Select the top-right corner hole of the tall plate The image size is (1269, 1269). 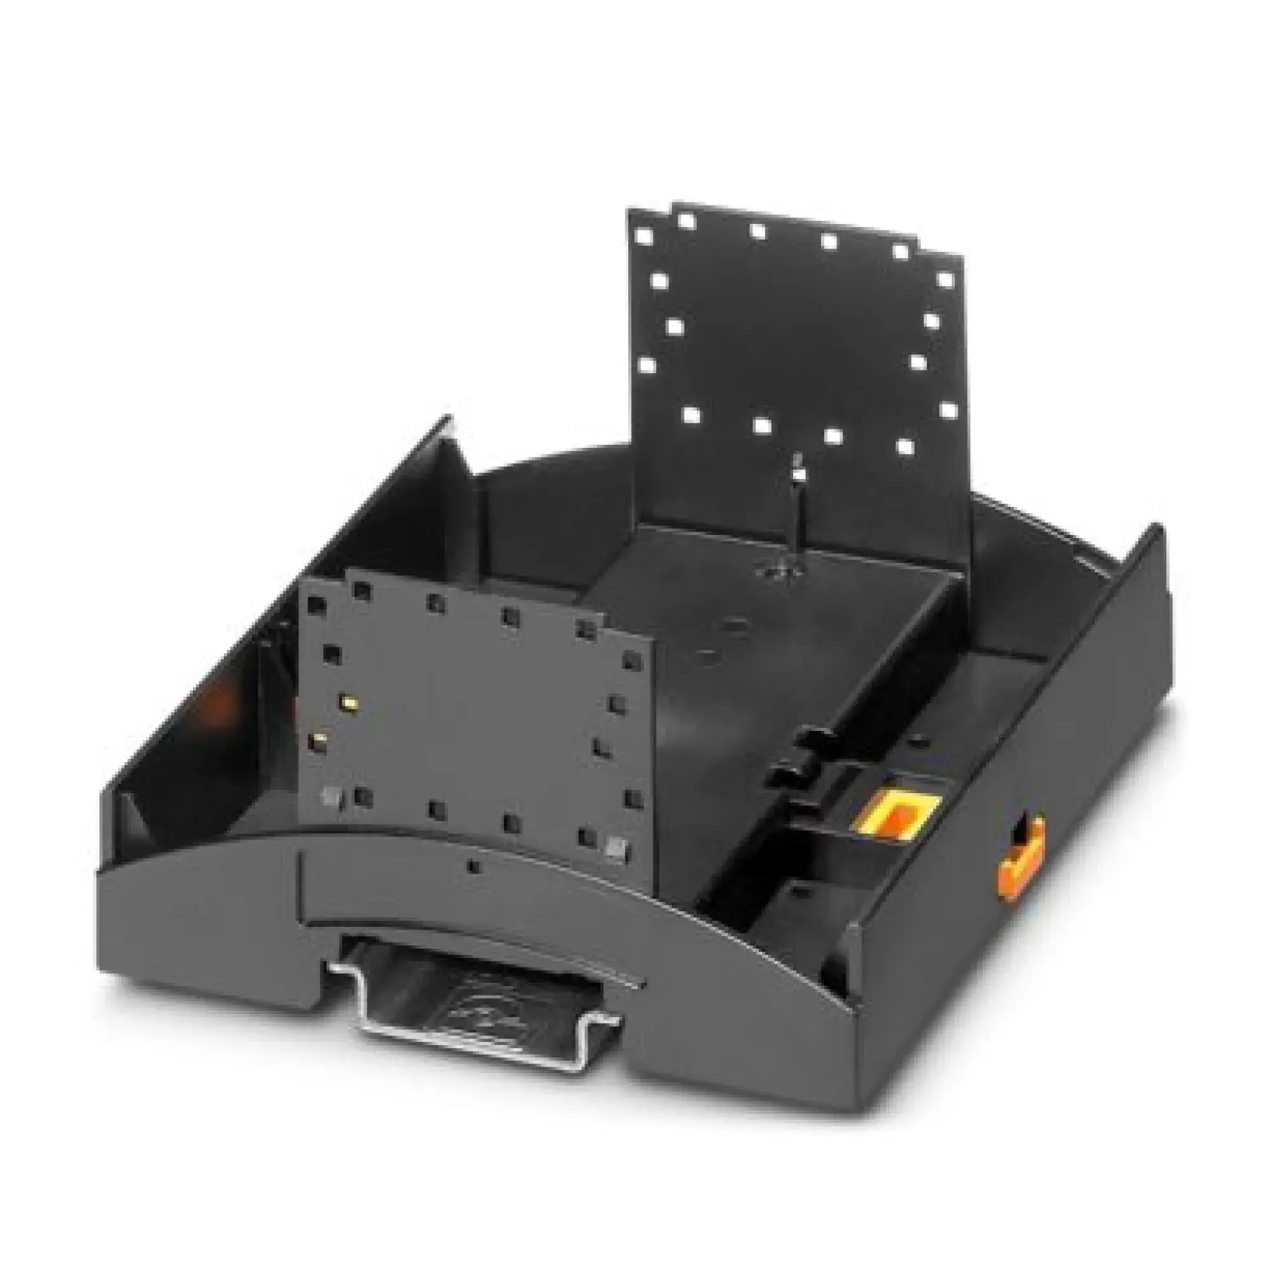pyautogui.click(x=945, y=279)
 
